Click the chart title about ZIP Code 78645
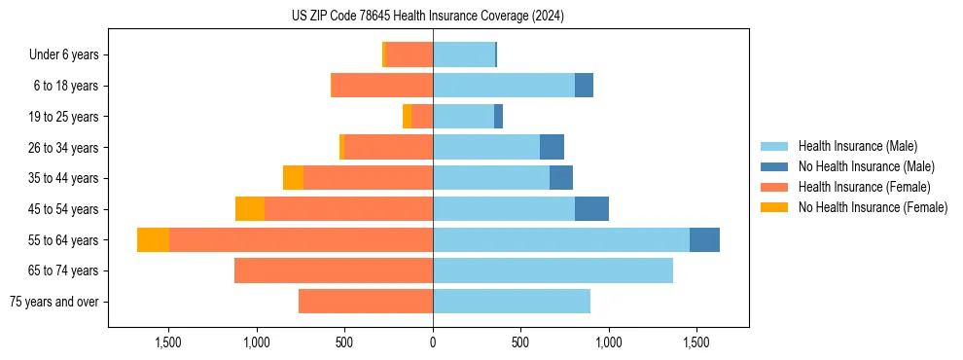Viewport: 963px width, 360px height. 428,17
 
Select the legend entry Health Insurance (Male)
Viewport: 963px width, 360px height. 856,146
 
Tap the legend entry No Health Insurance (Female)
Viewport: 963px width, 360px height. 873,207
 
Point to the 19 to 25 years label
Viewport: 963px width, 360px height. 63,117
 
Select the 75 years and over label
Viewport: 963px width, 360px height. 54,302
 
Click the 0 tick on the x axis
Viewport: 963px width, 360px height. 433,343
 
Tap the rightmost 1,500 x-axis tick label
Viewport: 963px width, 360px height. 696,343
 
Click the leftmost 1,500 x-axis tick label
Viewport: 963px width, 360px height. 169,343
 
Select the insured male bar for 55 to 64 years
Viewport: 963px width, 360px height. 561,240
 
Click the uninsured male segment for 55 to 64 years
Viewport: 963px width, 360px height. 704,240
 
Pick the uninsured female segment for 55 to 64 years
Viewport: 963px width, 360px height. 154,240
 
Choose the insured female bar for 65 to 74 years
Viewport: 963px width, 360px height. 334,270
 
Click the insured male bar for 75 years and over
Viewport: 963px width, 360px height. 512,302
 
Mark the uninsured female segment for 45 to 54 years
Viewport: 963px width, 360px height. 250,209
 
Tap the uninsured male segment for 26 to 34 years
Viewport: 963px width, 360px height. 552,148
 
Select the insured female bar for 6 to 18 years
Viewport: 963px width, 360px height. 383,86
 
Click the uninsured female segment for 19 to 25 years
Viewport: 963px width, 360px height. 407,117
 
